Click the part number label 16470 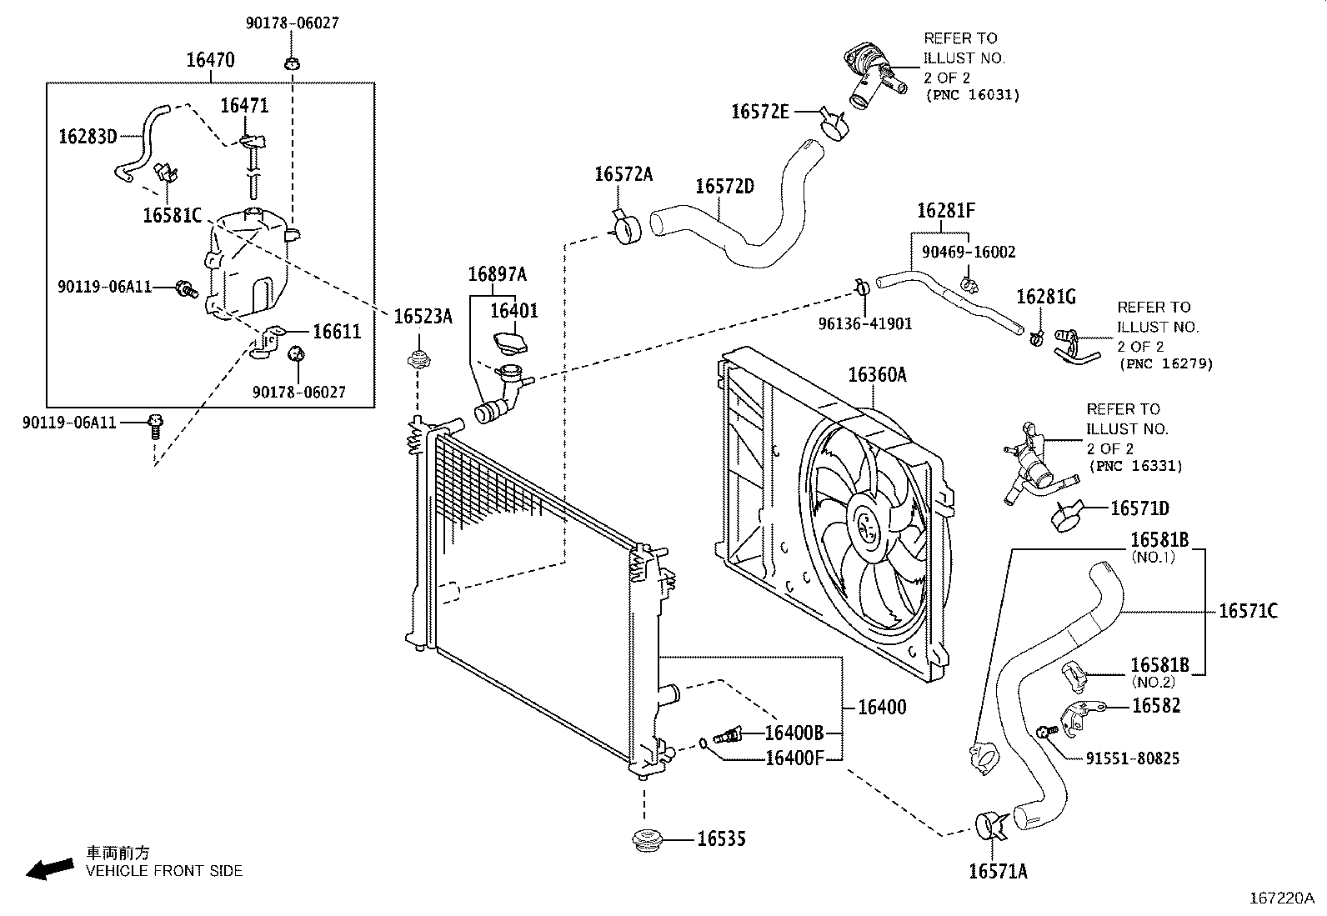pos(210,60)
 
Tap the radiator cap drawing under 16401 pos(510,343)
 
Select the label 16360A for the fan pos(878,374)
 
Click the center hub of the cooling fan pos(867,526)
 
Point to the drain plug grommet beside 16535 pos(648,841)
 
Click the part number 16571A pos(999,872)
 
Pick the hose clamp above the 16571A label pos(990,826)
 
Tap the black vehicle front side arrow pos(50,869)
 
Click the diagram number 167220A pos(1282,898)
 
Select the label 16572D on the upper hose pos(724,187)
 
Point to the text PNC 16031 pos(973,95)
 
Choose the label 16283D pos(88,137)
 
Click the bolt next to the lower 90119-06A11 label pos(155,426)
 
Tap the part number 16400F pos(794,758)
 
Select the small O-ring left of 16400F pos(703,743)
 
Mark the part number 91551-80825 pos(1133,758)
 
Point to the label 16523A pos(423,317)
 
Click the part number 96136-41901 pos(865,324)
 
